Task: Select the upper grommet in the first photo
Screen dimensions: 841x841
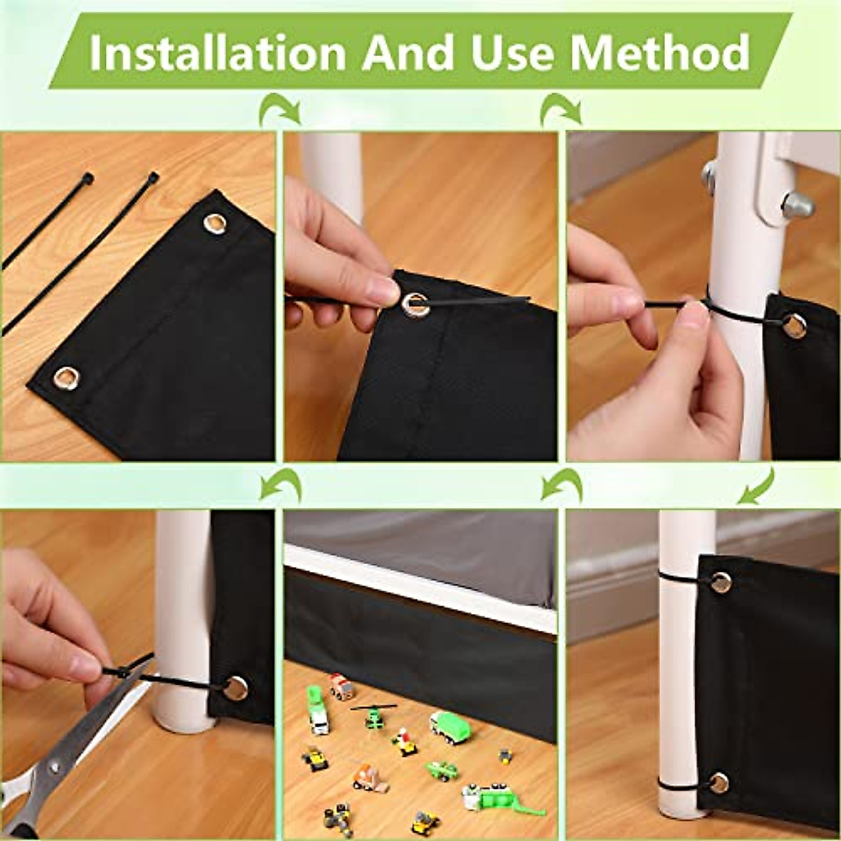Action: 215,223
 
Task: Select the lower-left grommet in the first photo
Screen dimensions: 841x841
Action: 66,378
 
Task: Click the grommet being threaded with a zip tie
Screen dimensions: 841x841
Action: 415,303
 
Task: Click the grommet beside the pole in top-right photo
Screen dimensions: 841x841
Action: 794,325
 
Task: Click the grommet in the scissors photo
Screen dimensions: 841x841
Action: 236,688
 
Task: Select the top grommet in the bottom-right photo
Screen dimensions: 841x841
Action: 720,582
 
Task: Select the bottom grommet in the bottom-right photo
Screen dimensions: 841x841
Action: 719,783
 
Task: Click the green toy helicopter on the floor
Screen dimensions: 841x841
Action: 374,716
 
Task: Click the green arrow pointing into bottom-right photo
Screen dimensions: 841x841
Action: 757,487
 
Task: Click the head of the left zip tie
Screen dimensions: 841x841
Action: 87,178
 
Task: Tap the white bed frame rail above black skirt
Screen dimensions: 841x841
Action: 420,585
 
